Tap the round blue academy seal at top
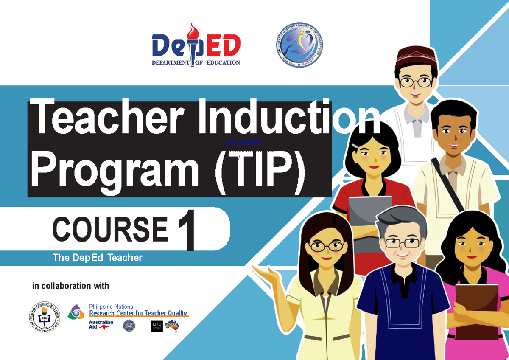point(297,45)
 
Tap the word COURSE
point(110,229)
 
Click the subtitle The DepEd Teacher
point(97,258)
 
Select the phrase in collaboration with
point(70,286)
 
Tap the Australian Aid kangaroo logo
point(101,325)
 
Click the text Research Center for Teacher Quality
point(138,313)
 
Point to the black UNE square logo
point(157,326)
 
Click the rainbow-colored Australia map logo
point(172,326)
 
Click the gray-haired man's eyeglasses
point(401,243)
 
